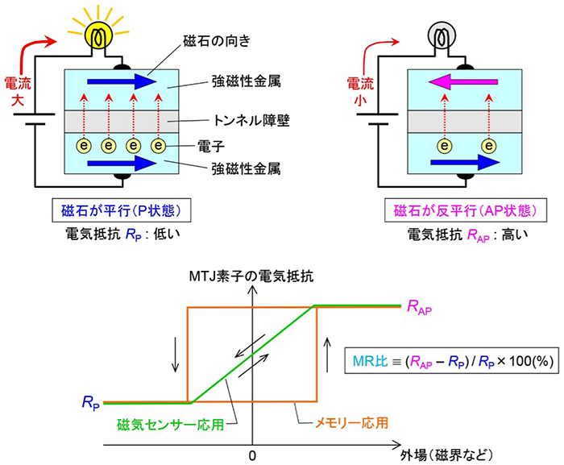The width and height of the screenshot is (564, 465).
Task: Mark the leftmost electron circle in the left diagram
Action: click(81, 146)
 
